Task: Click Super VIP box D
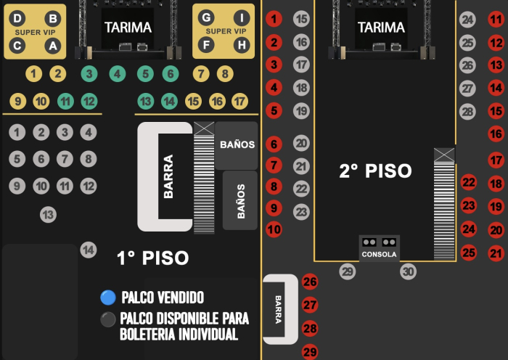(17, 18)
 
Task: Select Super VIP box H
(242, 45)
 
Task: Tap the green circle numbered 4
(118, 74)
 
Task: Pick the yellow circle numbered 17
(240, 102)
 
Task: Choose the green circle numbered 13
(145, 102)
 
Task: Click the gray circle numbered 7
(65, 159)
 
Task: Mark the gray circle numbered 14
(89, 250)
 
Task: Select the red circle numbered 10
(274, 229)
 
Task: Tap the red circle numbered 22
(469, 182)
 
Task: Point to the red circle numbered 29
(310, 352)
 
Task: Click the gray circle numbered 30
(408, 271)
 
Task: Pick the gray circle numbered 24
(467, 20)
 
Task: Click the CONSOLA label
(379, 254)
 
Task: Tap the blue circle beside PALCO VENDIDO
(108, 298)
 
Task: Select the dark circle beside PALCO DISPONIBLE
(108, 319)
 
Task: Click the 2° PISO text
(375, 171)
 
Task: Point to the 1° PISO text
(152, 258)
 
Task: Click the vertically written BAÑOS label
(241, 201)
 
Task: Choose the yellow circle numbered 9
(18, 102)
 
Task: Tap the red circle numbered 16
(496, 134)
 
